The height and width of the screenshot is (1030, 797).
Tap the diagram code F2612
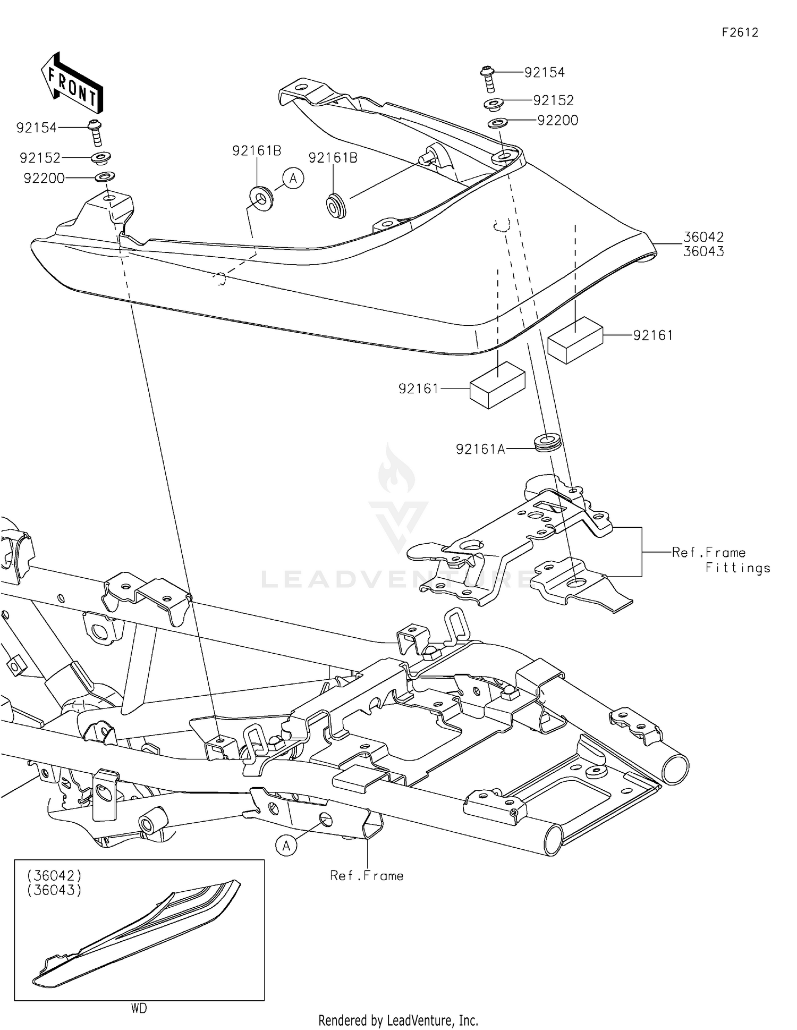(x=740, y=32)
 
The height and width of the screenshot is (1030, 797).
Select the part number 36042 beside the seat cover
(x=703, y=237)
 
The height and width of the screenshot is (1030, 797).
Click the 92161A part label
(x=480, y=450)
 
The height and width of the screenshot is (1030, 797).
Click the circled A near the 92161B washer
(x=293, y=179)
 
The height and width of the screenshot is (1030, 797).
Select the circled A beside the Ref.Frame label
(x=286, y=845)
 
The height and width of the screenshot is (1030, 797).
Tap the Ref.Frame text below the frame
(x=367, y=875)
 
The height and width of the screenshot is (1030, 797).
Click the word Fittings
(x=737, y=568)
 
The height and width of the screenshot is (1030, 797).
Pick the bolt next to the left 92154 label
(x=96, y=133)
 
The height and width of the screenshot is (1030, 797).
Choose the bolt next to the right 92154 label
(x=487, y=79)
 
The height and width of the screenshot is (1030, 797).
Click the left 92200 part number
(x=44, y=179)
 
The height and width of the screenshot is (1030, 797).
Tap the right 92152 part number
(x=554, y=100)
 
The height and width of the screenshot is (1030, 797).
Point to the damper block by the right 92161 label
(x=575, y=340)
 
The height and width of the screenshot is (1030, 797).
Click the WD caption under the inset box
(x=139, y=1008)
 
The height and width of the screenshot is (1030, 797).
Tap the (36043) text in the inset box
(x=55, y=890)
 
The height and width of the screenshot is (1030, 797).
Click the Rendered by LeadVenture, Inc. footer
(x=398, y=1020)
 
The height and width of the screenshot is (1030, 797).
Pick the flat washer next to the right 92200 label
(x=497, y=123)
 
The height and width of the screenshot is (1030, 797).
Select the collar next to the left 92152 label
(x=101, y=158)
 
